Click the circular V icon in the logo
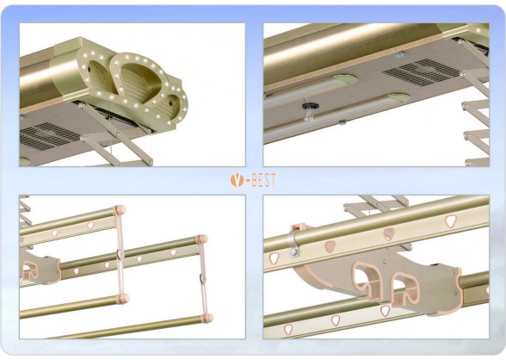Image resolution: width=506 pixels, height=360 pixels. [x=237, y=180]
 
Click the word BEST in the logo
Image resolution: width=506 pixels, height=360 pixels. [x=263, y=180]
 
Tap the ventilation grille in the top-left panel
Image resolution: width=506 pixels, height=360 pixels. [x=48, y=135]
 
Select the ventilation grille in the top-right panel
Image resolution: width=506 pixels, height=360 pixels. [x=423, y=72]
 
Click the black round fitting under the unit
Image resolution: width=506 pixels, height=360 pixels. [x=309, y=106]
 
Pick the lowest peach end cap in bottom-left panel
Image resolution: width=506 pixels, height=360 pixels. [x=207, y=318]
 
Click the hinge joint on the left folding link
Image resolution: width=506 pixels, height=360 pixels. [x=120, y=255]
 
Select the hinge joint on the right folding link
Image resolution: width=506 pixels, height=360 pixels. [x=202, y=278]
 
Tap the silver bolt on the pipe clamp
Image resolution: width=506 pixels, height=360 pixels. [x=293, y=252]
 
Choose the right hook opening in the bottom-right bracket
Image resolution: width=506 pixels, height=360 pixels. [x=405, y=289]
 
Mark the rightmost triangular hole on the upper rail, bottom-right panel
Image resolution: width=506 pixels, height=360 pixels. [x=451, y=221]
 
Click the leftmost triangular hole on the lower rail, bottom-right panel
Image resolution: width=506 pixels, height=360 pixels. [x=287, y=330]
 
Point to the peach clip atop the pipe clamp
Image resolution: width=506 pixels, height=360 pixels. [x=298, y=227]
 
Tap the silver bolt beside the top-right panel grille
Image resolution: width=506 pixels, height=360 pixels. [x=399, y=54]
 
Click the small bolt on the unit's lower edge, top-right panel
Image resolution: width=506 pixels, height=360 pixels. [x=342, y=121]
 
